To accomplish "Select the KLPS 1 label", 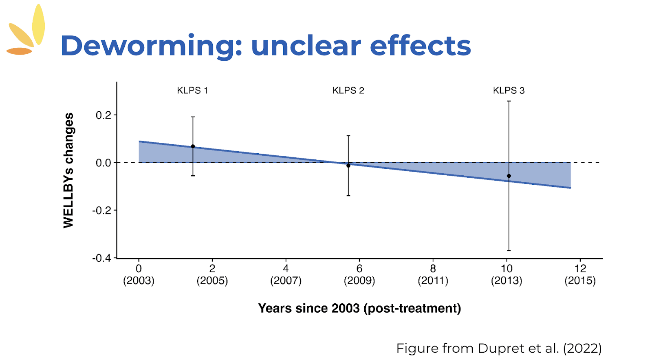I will (x=192, y=91).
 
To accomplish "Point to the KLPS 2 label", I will (x=348, y=91).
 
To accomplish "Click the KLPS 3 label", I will (x=509, y=91).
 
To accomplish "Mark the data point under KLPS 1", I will (x=193, y=146).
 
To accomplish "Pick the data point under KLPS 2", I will (x=348, y=166).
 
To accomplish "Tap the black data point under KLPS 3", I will (x=509, y=176).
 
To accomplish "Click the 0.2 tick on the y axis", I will (x=103, y=115).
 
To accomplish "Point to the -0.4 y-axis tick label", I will (x=101, y=258).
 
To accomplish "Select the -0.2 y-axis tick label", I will (x=101, y=210).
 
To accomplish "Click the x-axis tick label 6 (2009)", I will (x=359, y=274).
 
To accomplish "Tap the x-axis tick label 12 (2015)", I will (x=580, y=274).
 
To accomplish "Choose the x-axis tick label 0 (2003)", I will (x=139, y=274).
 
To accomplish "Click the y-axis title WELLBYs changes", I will (x=68, y=170).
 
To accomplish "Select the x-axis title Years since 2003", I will (x=359, y=308).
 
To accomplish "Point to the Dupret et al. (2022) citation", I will (x=499, y=348).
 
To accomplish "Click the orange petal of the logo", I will (x=19, y=51).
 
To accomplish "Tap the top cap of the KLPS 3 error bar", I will (x=509, y=101).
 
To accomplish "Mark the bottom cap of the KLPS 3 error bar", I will (x=509, y=251).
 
